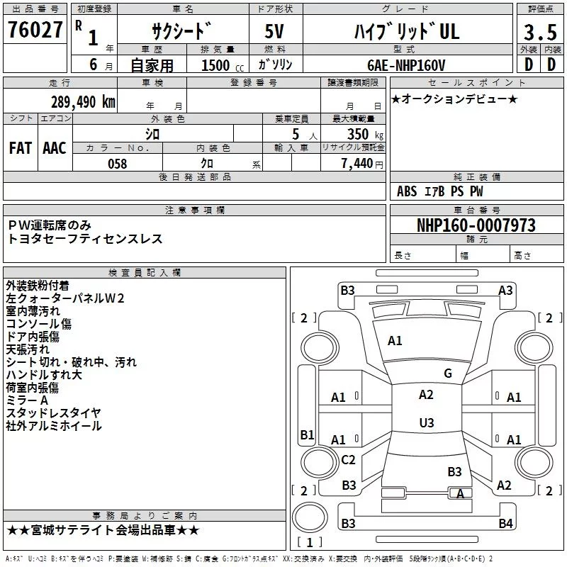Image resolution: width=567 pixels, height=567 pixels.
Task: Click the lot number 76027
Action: coord(35,29)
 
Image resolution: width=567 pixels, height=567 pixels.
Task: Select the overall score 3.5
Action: coord(540,32)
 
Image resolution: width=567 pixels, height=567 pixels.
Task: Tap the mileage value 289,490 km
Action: coord(83,102)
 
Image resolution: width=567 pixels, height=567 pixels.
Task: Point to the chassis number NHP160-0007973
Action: coord(476,225)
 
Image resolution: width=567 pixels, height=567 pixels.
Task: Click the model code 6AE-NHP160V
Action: coord(406,65)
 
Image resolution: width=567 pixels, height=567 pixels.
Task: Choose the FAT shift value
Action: coord(21,148)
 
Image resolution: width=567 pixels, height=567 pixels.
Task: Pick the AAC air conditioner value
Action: coord(55,148)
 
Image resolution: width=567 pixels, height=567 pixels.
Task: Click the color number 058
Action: coord(118,164)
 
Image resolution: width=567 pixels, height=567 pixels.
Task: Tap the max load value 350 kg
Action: coord(365,134)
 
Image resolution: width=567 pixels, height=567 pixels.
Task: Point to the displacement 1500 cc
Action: coord(223,65)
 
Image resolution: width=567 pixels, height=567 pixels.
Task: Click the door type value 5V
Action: coord(274,31)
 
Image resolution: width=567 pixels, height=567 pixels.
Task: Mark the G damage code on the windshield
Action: coord(448,373)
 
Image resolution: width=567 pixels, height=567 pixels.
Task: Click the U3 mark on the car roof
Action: coord(427,422)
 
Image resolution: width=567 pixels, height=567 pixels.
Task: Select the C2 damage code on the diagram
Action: coord(348,459)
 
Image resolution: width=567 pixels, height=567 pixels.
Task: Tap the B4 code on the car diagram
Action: coord(505,523)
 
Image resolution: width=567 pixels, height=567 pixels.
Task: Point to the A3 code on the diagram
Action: coord(505,291)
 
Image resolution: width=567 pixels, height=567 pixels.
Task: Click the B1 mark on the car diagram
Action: coord(307,434)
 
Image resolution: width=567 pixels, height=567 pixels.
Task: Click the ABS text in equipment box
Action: coord(407,191)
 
